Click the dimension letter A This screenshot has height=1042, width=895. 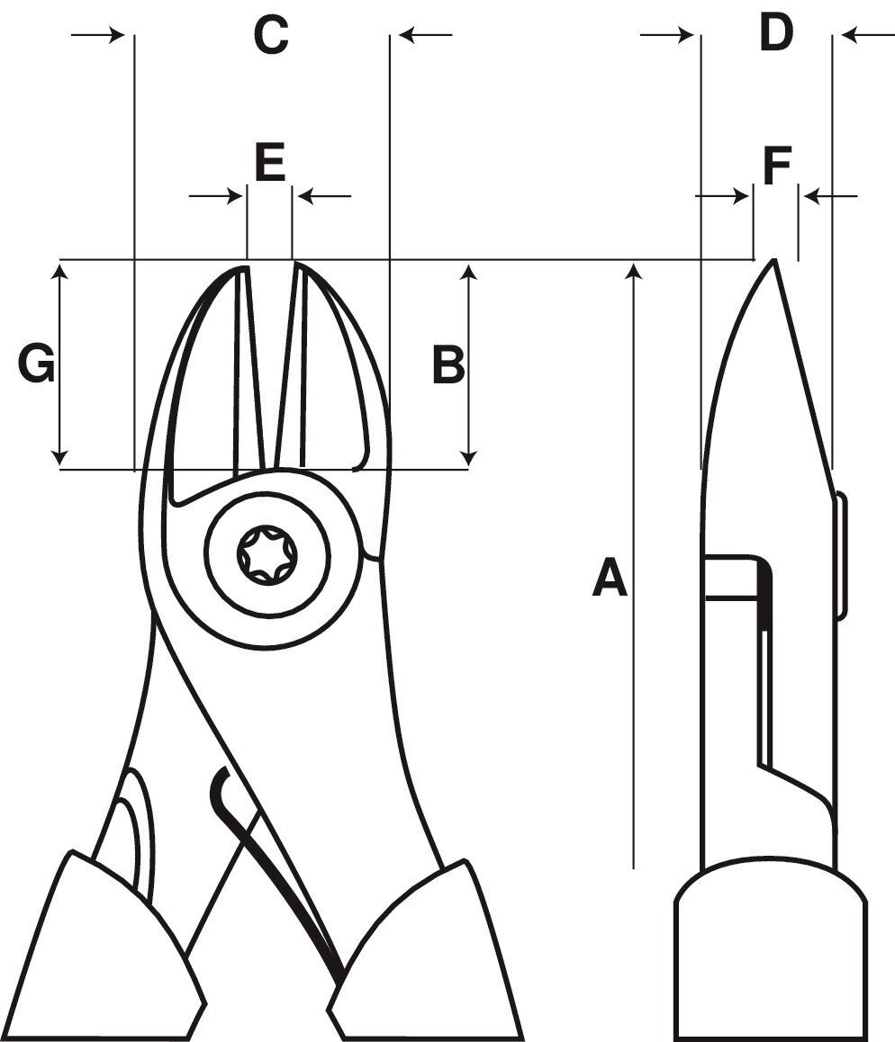coord(610,578)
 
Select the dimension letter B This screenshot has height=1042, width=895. coord(448,365)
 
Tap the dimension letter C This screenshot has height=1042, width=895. coord(270,36)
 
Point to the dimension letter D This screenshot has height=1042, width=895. coord(775,34)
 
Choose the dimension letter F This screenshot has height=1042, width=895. coord(776,166)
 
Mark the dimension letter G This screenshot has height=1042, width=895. coord(37,365)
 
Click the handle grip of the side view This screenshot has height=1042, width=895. coord(770,954)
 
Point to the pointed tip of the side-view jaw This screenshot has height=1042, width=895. coord(773,262)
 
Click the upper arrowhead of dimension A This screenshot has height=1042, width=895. coord(636,269)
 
